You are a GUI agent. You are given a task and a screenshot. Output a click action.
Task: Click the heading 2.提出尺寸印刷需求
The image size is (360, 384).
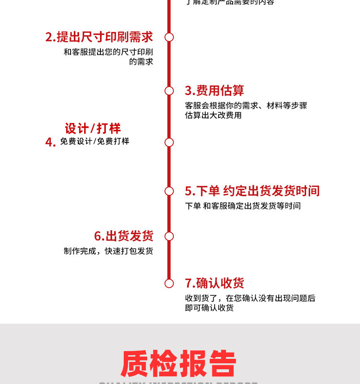click(99, 37)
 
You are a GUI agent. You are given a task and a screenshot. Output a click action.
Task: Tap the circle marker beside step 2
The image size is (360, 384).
click(169, 37)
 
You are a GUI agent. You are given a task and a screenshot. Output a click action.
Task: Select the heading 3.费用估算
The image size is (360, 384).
click(214, 90)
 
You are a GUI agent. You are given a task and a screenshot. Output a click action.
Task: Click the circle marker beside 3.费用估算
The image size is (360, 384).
click(169, 91)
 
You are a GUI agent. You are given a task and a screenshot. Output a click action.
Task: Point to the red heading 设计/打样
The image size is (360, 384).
click(93, 129)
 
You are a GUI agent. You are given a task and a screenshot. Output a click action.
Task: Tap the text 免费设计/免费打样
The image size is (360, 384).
click(94, 141)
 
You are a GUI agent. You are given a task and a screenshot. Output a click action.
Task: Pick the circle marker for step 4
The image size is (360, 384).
click(169, 143)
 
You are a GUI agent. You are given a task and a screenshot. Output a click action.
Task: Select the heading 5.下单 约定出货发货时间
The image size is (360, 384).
click(252, 191)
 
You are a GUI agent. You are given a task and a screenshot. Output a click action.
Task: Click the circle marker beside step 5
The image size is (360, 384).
click(169, 191)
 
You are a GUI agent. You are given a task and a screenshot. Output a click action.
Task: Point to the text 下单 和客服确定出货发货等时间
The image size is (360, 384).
click(243, 206)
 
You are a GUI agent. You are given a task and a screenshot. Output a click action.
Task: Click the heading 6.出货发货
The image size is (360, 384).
click(124, 236)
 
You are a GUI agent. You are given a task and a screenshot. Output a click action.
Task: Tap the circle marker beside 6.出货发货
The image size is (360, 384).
click(169, 236)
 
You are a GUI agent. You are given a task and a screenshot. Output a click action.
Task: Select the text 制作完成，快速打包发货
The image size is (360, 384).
click(108, 251)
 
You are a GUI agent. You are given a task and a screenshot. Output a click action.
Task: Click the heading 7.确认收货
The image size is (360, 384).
click(214, 283)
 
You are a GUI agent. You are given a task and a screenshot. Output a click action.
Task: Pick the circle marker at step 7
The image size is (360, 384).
click(169, 283)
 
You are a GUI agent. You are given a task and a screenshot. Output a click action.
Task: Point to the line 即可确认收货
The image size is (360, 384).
click(209, 308)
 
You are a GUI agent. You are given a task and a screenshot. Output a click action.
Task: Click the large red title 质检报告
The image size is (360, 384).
click(179, 363)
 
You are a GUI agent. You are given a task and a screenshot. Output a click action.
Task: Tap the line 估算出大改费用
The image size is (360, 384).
click(213, 115)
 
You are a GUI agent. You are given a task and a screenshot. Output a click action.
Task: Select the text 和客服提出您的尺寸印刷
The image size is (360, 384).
click(108, 52)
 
